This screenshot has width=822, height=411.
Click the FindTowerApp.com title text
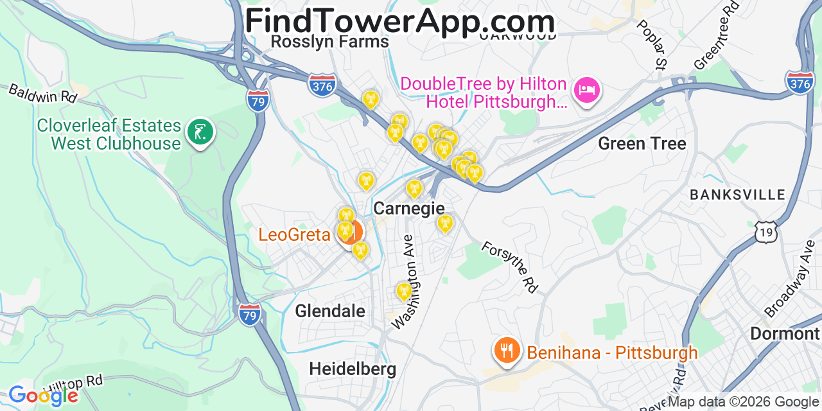point(399,21)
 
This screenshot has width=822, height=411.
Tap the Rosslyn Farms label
point(329,42)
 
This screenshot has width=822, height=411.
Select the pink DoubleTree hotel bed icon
point(587,90)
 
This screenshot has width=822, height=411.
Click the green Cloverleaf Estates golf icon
point(200,132)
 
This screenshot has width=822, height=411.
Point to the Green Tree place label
point(642,143)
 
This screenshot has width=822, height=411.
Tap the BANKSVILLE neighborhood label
point(737,195)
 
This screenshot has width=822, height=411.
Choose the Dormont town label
point(785,334)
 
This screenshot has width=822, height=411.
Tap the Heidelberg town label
point(353,369)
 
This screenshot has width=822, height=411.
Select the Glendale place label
point(330,311)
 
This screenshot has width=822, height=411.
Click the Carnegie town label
point(408,208)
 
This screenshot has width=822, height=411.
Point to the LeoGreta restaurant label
point(294,234)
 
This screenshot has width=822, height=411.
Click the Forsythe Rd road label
point(509,267)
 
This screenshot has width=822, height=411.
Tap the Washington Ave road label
point(408,282)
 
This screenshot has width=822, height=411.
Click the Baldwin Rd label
point(42,93)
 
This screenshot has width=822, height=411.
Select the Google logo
point(43,396)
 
